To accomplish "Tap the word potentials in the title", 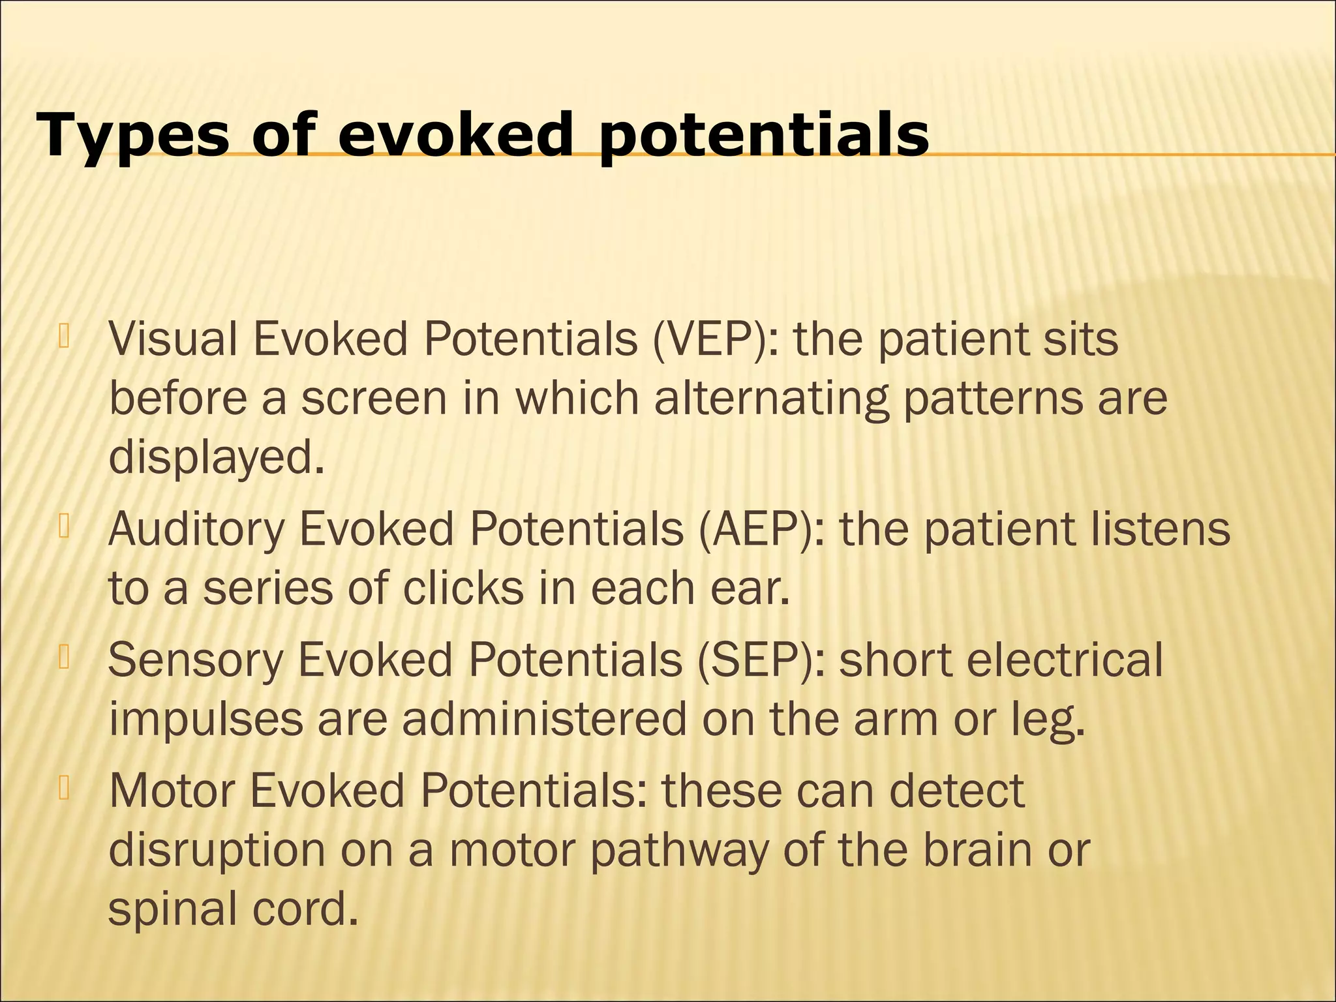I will coord(763,136).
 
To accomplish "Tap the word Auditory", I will coord(196,529).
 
